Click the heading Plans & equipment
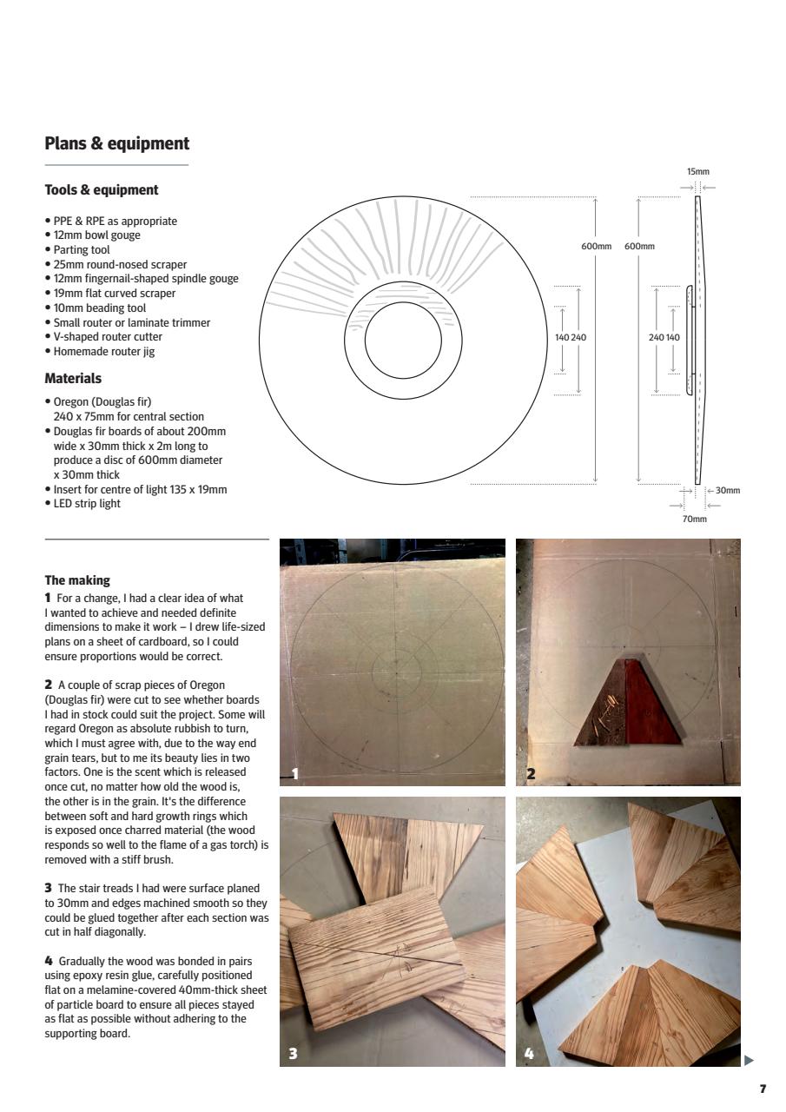coord(116,144)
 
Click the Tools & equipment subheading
coord(101,190)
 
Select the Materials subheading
coord(73,379)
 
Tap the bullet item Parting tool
coord(82,250)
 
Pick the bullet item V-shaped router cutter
coord(108,337)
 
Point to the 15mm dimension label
coord(697,172)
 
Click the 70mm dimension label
coord(695,519)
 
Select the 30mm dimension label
coord(728,491)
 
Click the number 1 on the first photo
coord(295,774)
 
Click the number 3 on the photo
coord(294,1054)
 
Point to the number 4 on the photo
coord(530,1054)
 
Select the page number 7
coord(763,1089)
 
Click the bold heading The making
coord(77,580)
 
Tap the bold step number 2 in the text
coord(48,685)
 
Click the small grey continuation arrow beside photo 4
coord(749,1060)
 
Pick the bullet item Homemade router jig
coord(104,352)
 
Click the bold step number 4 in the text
coord(49,962)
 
